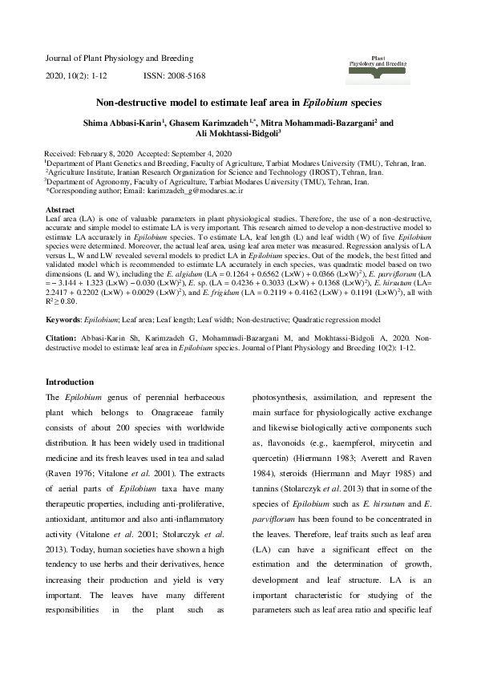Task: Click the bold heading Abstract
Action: [59, 208]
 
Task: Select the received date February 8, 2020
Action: [108, 153]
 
